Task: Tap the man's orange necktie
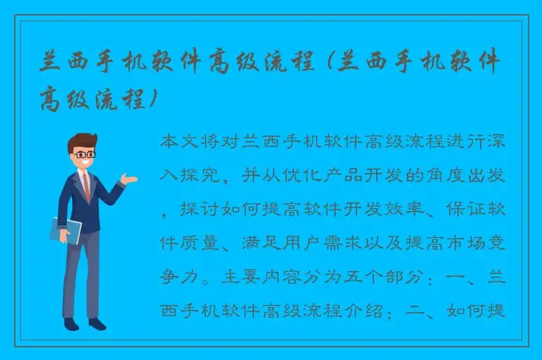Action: [x=86, y=186]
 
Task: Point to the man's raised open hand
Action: [x=128, y=179]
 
